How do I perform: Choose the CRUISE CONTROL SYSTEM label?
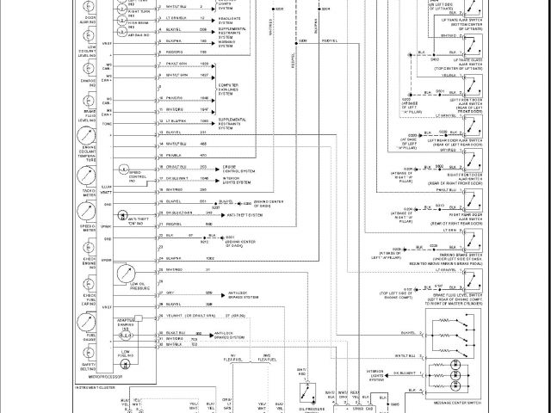tap(237, 170)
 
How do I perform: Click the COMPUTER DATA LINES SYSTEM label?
tap(238, 92)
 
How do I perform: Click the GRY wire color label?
tap(169, 293)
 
